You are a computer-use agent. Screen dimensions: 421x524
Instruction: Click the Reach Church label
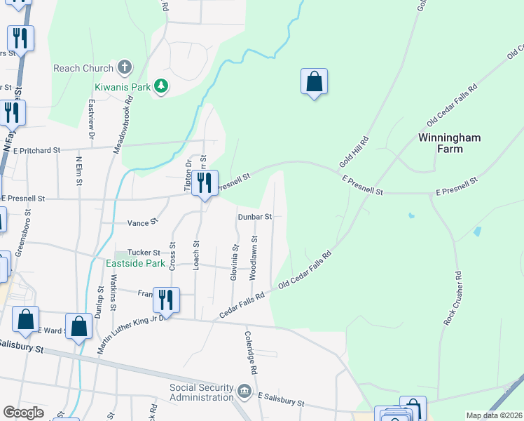click(x=83, y=68)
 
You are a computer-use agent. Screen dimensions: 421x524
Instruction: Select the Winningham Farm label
click(x=449, y=143)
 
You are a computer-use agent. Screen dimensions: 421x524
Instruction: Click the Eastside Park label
click(x=135, y=264)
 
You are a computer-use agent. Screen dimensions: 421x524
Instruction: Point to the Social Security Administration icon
click(x=244, y=391)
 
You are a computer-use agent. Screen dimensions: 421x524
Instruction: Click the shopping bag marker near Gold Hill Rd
click(x=315, y=82)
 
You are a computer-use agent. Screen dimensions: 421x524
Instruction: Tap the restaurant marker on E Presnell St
click(x=205, y=184)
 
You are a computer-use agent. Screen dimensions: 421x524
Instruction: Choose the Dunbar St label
click(x=254, y=218)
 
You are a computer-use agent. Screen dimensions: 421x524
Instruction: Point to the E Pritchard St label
click(x=37, y=150)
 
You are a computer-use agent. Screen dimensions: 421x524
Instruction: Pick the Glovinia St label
click(x=234, y=263)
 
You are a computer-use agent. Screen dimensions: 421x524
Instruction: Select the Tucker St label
click(x=146, y=253)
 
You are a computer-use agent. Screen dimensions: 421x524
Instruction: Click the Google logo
click(x=23, y=413)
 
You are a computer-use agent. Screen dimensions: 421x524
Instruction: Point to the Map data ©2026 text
click(x=494, y=415)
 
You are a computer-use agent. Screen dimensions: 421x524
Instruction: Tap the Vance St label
click(x=142, y=222)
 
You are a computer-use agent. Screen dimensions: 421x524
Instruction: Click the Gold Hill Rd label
click(x=354, y=152)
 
